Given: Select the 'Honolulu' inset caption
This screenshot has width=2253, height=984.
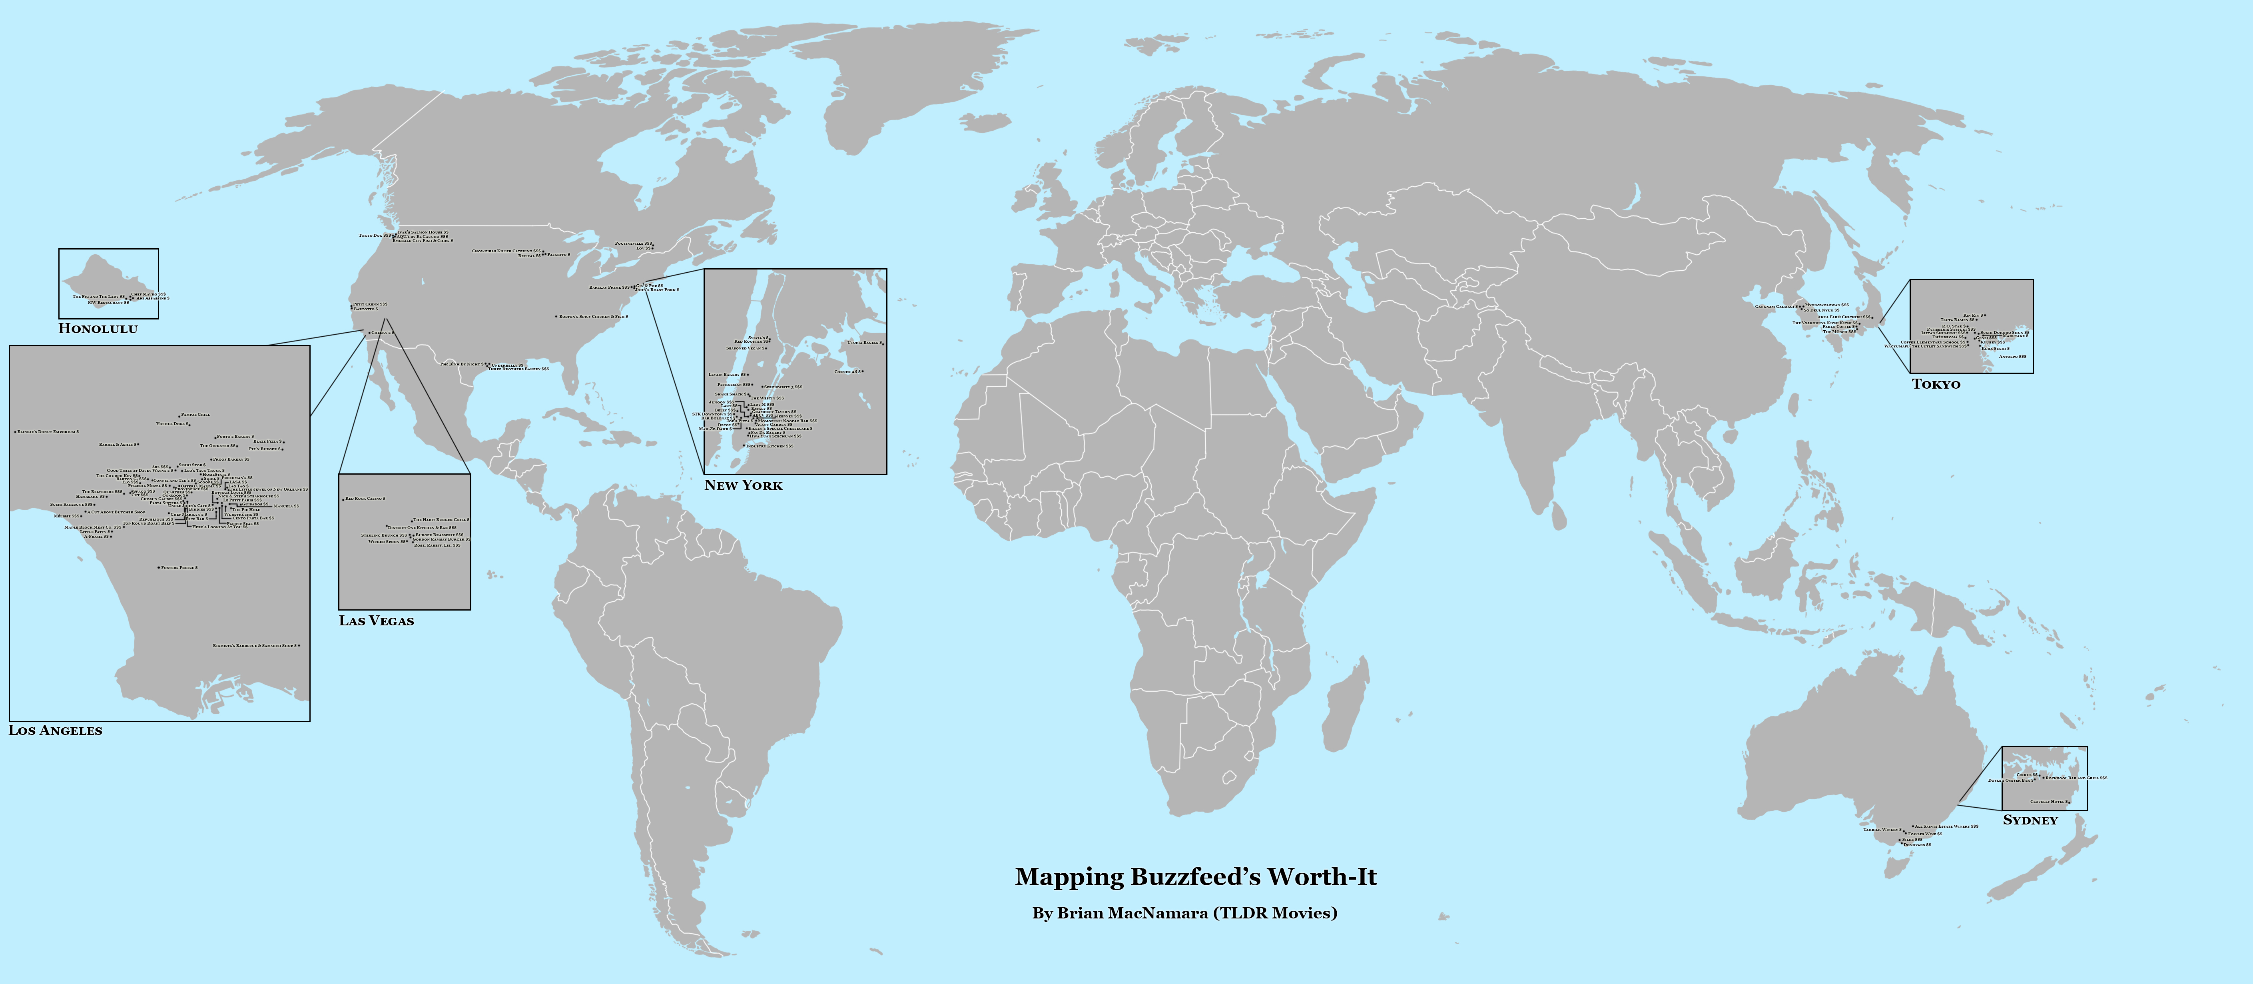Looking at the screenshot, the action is pos(98,329).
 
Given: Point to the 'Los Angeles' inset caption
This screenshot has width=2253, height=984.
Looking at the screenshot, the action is pos(55,731).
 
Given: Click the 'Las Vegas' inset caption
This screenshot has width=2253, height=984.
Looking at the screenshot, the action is pos(376,621).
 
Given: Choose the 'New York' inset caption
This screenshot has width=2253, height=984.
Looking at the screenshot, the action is pos(744,485).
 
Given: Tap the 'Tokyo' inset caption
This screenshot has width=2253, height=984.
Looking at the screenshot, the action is pos(1936,384).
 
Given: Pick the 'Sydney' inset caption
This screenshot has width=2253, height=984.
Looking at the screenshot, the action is pos(2030,820).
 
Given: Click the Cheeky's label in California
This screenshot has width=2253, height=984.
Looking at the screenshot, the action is pos(381,333).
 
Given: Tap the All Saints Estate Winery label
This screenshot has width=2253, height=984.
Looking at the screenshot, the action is pos(1946,826).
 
